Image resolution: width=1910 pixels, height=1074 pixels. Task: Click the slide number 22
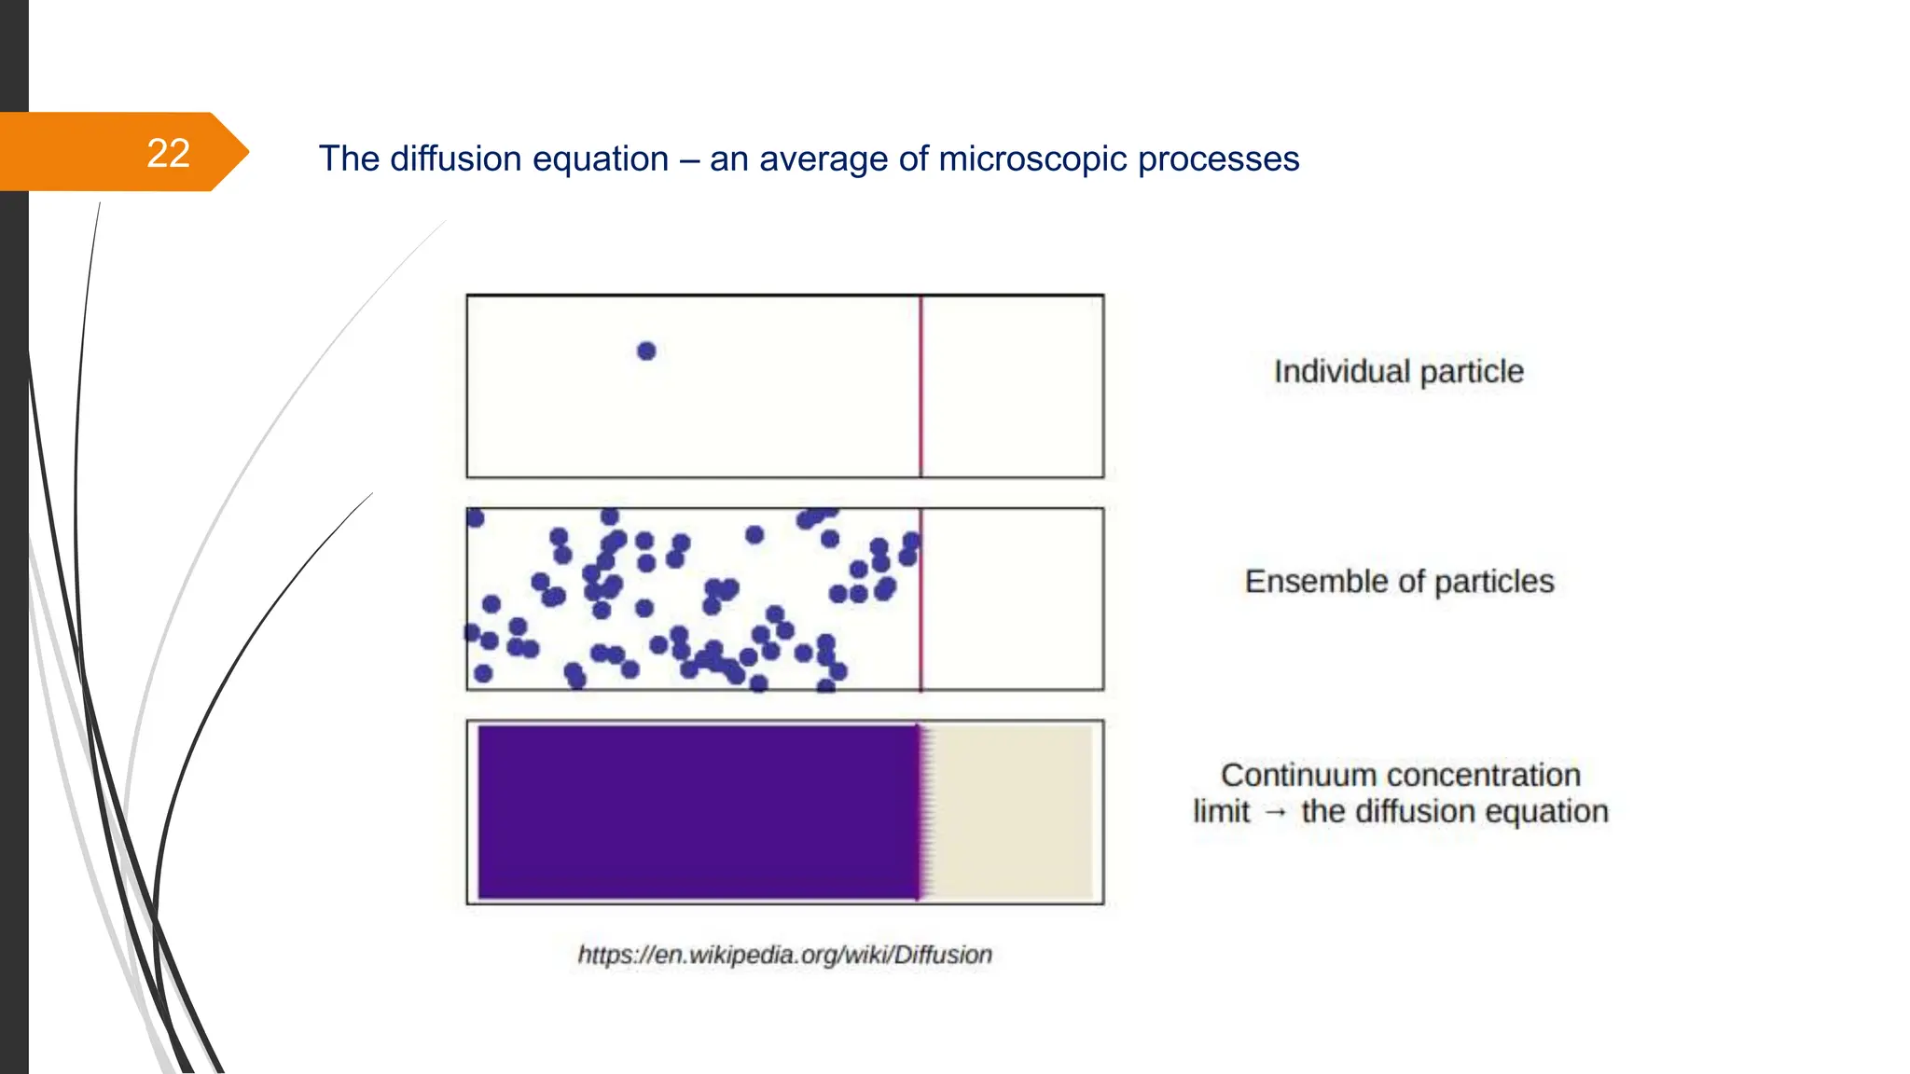[x=168, y=153]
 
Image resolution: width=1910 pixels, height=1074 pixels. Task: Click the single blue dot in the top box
[x=646, y=351]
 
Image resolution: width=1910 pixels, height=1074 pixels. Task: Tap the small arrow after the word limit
[x=1276, y=812]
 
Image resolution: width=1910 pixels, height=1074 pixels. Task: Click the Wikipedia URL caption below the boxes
[x=784, y=955]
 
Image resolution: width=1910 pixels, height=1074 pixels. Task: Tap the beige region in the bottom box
[x=1012, y=812]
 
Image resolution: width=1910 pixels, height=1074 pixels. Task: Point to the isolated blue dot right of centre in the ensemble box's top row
[x=754, y=534]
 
